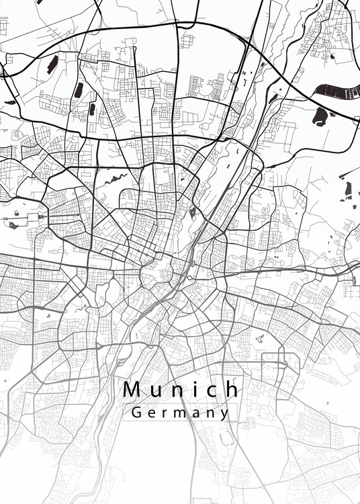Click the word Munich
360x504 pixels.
181,389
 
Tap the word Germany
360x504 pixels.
181,413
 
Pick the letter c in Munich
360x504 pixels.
212,390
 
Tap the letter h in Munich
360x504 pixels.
232,389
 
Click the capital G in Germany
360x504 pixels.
136,413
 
